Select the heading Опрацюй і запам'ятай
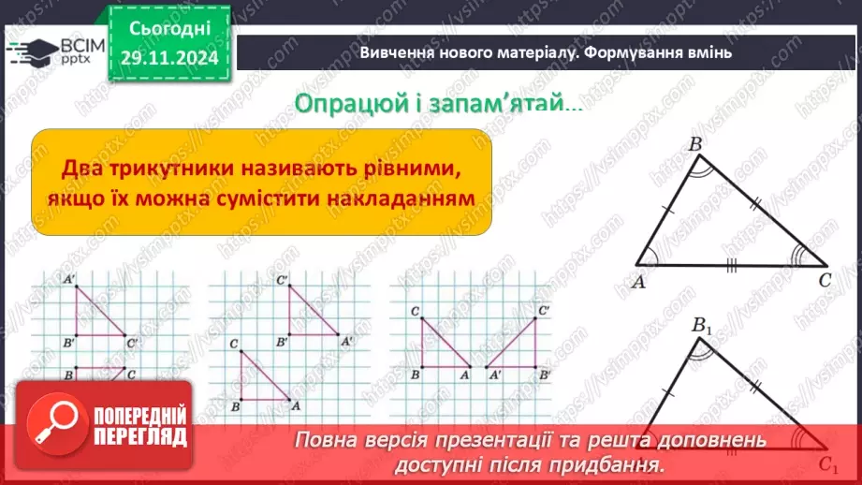tap(437, 102)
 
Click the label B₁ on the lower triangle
tap(702, 326)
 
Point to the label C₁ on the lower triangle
tap(826, 463)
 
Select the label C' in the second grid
tap(282, 280)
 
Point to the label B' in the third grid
tap(545, 374)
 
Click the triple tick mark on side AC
tap(731, 266)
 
